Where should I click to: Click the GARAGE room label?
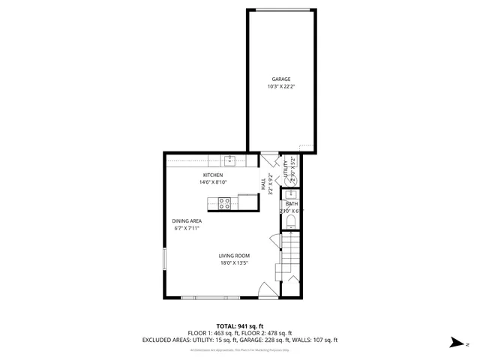pos(280,79)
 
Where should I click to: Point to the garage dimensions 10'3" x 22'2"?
pos(280,87)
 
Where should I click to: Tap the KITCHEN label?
pos(213,175)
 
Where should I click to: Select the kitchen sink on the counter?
pos(231,160)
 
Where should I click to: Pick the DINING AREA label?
pos(187,220)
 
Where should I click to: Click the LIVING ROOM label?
pos(234,256)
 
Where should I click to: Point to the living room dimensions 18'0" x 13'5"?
pos(234,263)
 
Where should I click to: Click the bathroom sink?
pos(292,195)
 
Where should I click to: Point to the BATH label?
pos(292,204)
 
